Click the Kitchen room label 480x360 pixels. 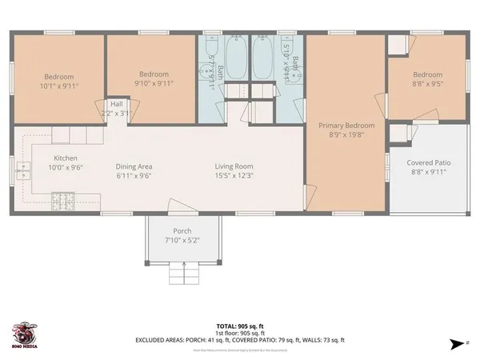point(66,158)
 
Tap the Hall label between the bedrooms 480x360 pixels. point(116,103)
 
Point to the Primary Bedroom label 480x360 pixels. point(346,126)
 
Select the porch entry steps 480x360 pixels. point(183,275)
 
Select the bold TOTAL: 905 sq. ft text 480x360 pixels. point(239,325)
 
